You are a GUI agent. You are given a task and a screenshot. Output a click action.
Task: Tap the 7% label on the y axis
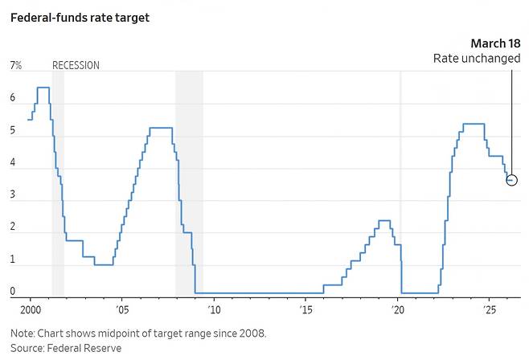(x=15, y=66)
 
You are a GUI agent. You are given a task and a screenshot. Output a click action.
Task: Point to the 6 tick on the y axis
(x=13, y=98)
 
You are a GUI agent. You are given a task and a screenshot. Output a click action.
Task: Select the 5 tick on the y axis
(x=13, y=130)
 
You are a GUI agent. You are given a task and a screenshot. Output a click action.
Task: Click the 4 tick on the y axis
(x=13, y=162)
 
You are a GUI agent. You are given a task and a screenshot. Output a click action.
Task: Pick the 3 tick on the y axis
(x=13, y=194)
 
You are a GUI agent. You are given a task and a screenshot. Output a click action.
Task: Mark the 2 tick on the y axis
(x=13, y=227)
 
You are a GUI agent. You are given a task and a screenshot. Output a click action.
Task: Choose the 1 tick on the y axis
(x=13, y=259)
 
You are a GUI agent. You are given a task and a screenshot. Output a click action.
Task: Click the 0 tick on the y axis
(x=13, y=291)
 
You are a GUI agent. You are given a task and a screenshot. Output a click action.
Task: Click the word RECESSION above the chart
(x=76, y=66)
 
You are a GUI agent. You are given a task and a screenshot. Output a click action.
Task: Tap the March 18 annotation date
(x=494, y=43)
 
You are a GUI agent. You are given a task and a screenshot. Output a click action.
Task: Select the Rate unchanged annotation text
(x=476, y=59)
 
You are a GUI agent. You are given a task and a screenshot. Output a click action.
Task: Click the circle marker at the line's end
(x=512, y=180)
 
